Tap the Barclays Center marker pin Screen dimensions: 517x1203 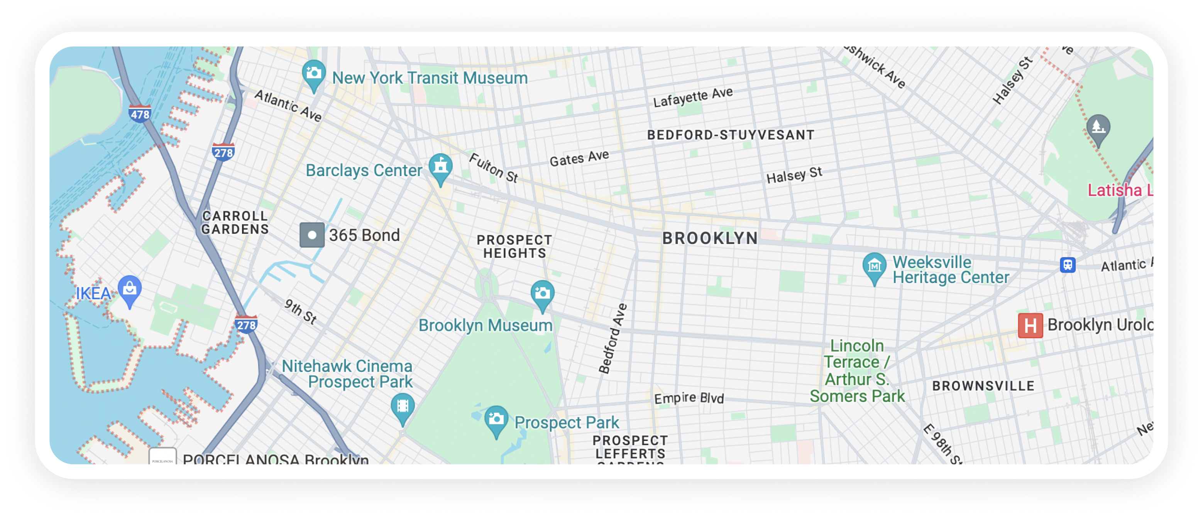[440, 167]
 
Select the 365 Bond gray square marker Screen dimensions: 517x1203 [312, 235]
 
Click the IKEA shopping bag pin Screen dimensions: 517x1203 [129, 290]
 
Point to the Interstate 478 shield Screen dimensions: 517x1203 [140, 114]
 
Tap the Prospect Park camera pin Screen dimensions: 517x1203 [496, 419]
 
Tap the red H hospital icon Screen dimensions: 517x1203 [1030, 325]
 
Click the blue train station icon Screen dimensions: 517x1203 [1068, 265]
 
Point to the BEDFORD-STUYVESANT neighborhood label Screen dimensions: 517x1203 [730, 136]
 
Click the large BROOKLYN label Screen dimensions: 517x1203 [710, 238]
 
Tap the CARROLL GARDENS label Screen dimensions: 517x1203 [235, 223]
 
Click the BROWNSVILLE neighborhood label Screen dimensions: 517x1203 [983, 386]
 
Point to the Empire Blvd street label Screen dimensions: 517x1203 [689, 398]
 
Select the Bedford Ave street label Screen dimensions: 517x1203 [613, 339]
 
